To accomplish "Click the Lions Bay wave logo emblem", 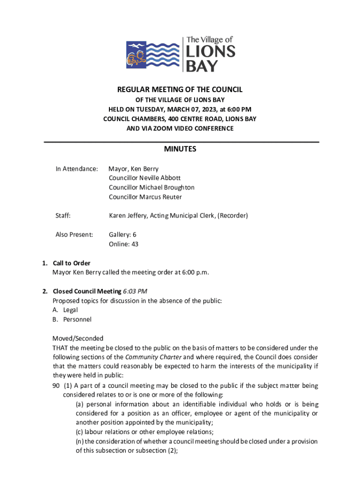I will [153, 54].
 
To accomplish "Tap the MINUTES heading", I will [180, 149].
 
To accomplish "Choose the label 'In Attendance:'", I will [77, 168].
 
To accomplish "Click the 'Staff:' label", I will [63, 216].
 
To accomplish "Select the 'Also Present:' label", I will [74, 234].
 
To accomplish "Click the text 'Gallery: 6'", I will [122, 234].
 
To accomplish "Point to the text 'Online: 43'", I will [123, 244].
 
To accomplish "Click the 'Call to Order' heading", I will [72, 263].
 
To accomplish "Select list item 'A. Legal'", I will [65, 310].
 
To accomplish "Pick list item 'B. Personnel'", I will [72, 319].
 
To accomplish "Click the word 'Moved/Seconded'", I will [78, 338].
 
